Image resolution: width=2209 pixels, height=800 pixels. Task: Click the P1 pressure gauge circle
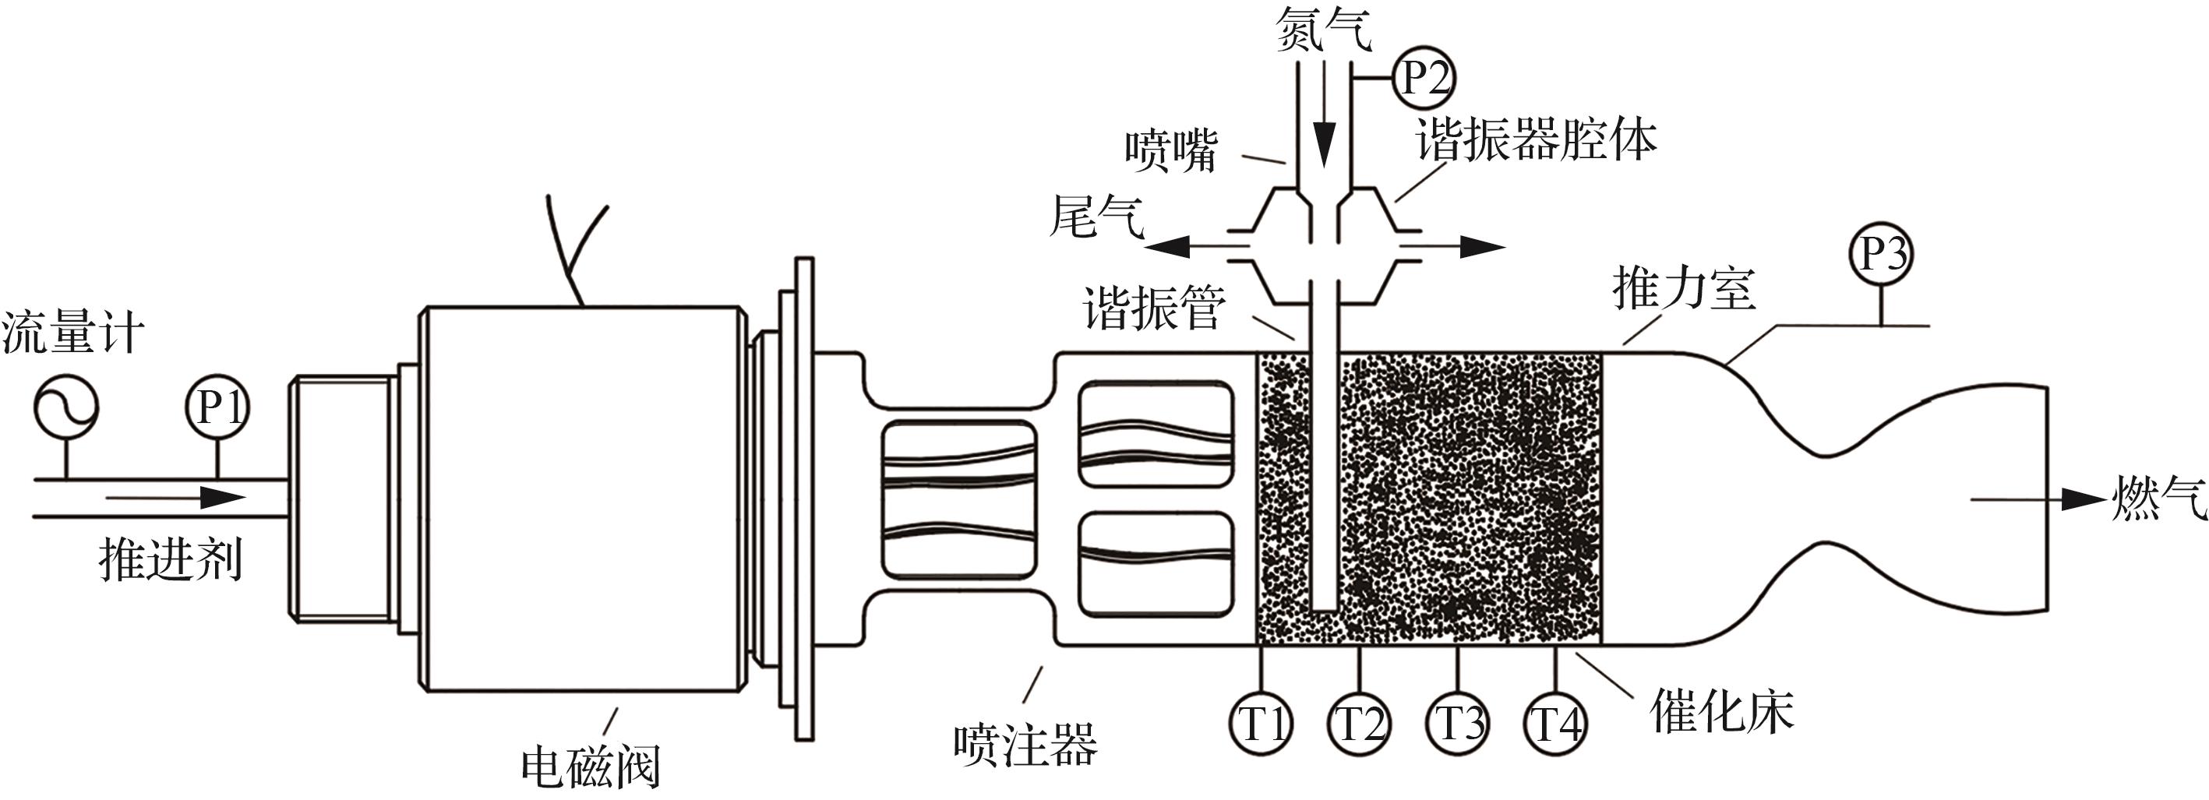coord(217,407)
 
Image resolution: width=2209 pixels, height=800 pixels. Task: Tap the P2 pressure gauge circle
coord(1424,79)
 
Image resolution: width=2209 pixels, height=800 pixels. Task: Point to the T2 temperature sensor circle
coord(1360,723)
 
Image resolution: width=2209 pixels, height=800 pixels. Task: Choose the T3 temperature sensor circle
coord(1458,723)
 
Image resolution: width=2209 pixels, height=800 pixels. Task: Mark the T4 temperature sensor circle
coord(1555,723)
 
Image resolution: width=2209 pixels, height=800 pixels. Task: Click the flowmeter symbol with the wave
coord(66,407)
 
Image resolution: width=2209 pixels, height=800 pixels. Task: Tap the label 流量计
coord(73,333)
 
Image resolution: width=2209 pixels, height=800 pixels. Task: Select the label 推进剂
coord(171,560)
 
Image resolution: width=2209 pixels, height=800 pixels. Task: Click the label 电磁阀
coord(591,766)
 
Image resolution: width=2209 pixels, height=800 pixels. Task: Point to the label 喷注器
coord(1025,743)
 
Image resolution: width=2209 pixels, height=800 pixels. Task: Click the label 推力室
coord(1684,288)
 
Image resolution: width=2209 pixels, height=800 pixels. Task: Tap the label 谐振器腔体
coord(1536,139)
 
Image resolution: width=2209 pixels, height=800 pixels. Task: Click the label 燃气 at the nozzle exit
coord(2158,499)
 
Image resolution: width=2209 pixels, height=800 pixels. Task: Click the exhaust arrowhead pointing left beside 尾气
coord(1167,248)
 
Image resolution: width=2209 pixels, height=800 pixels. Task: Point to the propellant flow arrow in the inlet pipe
coord(176,497)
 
